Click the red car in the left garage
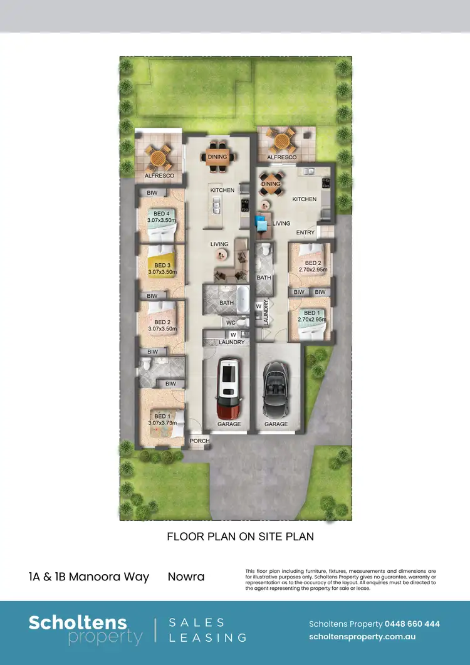tap(227, 389)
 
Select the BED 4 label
tap(162, 214)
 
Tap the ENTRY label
tap(306, 233)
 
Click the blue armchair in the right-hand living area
tap(261, 221)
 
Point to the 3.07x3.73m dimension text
tap(162, 422)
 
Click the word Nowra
tap(186, 577)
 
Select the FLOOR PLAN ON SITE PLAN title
tap(240, 537)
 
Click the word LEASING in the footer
tap(209, 637)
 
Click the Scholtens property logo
tap(85, 630)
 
